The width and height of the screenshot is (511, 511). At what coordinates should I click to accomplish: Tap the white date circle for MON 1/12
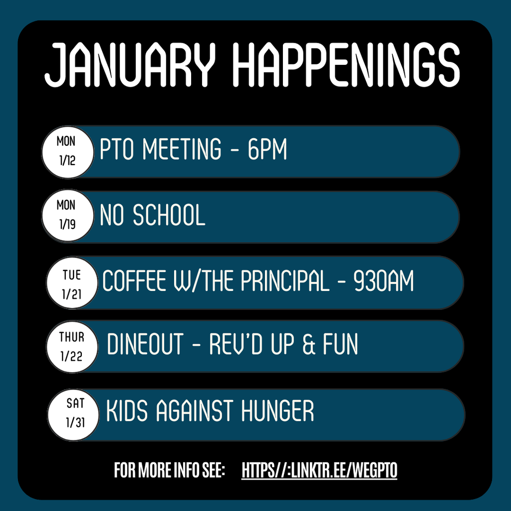click(66, 151)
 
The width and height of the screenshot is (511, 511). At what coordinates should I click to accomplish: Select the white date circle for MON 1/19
click(66, 215)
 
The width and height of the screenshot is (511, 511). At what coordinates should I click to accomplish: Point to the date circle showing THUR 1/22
click(72, 347)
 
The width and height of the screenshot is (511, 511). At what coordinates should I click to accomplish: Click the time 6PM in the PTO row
click(267, 149)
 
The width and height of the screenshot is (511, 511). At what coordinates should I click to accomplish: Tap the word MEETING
click(182, 149)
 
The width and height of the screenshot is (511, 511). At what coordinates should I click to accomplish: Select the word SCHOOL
click(169, 216)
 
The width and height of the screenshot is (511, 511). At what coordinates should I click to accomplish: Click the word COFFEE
click(134, 281)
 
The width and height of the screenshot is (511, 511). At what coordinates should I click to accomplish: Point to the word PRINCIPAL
click(284, 281)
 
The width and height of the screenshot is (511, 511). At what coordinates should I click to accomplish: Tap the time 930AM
click(383, 281)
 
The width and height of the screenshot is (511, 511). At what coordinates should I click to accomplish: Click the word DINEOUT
click(145, 345)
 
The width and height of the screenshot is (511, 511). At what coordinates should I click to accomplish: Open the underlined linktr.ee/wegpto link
click(319, 470)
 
